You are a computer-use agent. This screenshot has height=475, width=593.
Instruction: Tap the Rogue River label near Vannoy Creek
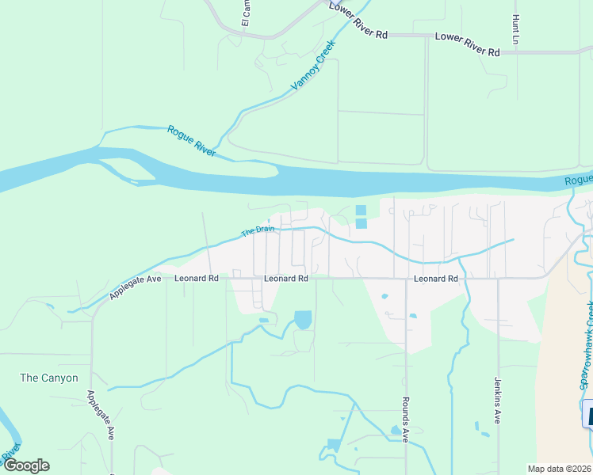click(x=192, y=140)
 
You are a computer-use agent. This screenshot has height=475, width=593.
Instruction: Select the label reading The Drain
click(x=258, y=231)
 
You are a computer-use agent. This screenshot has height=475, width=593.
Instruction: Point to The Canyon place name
click(x=49, y=378)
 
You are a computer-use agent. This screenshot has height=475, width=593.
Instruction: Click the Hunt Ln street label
click(x=516, y=29)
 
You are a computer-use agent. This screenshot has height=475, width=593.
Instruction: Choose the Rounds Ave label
click(x=405, y=419)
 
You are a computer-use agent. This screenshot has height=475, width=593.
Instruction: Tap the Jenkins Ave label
click(x=498, y=400)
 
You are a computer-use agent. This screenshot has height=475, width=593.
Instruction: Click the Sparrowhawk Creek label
click(x=586, y=344)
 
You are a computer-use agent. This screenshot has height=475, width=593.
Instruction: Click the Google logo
click(x=26, y=465)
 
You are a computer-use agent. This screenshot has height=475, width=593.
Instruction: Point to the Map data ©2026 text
click(x=559, y=469)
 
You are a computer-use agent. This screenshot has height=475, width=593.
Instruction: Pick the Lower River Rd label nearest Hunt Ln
click(x=467, y=44)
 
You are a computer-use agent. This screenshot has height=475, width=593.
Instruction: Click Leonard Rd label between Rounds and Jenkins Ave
click(x=435, y=279)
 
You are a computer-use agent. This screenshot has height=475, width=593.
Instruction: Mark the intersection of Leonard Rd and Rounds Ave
click(x=406, y=279)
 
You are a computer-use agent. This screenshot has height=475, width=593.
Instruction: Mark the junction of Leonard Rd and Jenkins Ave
click(x=498, y=279)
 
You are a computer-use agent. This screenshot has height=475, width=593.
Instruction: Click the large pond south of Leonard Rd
click(x=303, y=320)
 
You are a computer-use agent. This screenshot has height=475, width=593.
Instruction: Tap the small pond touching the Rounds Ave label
click(x=396, y=431)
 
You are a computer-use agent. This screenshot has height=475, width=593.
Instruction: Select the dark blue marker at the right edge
click(x=587, y=413)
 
